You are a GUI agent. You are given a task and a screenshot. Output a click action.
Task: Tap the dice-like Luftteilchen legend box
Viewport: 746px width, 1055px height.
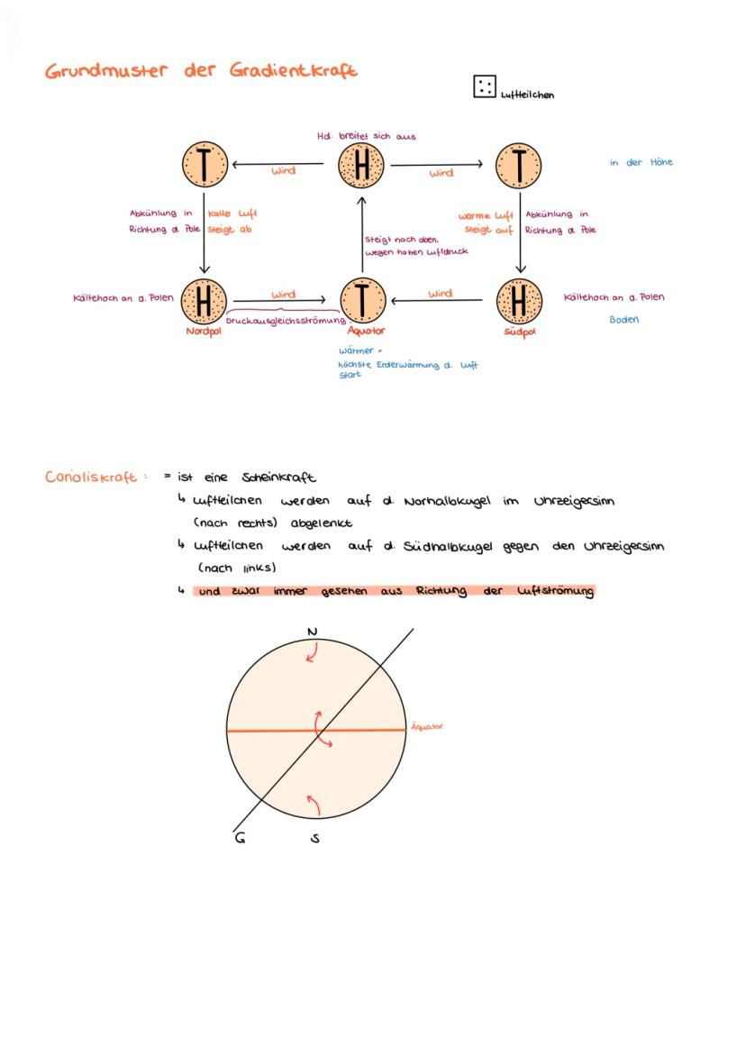(x=484, y=87)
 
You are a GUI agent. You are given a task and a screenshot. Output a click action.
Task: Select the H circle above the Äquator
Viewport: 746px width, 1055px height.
(x=361, y=166)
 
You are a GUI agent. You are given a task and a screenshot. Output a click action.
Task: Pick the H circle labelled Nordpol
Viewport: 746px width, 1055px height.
(x=205, y=301)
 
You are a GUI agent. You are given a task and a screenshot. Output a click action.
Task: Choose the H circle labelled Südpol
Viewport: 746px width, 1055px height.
(x=519, y=301)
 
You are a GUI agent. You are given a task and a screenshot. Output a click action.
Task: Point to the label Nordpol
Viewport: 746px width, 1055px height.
(x=204, y=331)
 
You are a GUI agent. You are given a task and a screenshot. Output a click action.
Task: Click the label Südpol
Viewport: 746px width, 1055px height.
(x=520, y=331)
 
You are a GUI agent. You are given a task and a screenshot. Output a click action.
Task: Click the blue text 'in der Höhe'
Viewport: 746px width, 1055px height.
(x=641, y=162)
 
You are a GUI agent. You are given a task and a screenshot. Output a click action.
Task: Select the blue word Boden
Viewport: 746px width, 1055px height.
(x=623, y=319)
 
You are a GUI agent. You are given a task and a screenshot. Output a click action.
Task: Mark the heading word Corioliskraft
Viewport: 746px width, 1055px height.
(x=90, y=477)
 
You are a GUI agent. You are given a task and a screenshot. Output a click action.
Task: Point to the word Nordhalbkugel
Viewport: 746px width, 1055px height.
(x=446, y=500)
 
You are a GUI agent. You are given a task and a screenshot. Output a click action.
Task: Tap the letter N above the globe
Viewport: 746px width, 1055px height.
(x=312, y=632)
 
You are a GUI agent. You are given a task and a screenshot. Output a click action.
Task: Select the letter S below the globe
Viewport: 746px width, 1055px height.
(x=315, y=838)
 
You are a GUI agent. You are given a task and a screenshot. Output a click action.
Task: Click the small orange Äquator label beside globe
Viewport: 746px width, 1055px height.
(x=427, y=726)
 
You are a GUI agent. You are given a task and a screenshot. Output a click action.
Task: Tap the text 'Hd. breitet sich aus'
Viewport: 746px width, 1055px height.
(x=366, y=136)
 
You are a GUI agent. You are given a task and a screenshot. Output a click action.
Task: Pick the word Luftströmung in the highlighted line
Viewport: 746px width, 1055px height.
(x=556, y=591)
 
